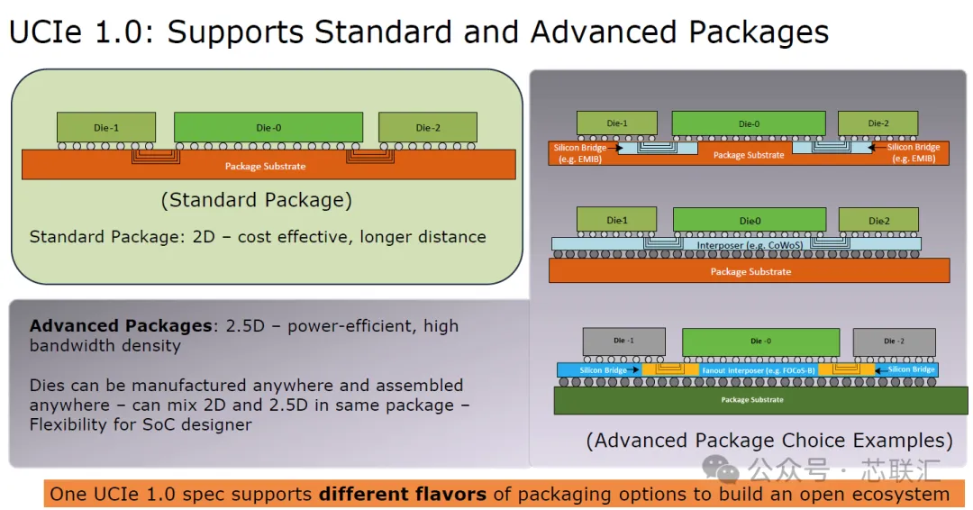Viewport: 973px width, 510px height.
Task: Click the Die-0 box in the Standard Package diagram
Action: (268, 127)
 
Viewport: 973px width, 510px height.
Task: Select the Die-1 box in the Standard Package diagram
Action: (106, 127)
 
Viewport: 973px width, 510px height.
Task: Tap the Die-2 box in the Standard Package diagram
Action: (428, 127)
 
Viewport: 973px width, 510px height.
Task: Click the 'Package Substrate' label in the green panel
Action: (265, 167)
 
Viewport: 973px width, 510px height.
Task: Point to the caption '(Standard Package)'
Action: (256, 200)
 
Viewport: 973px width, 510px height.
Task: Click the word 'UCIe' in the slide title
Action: (45, 32)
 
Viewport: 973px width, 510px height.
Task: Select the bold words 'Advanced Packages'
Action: (121, 325)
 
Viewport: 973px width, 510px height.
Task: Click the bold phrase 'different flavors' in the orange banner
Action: (403, 494)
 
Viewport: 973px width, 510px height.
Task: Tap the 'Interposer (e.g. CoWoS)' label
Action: (750, 245)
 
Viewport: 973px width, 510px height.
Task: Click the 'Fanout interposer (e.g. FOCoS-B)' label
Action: (759, 370)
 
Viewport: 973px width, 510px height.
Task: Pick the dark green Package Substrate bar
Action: (760, 400)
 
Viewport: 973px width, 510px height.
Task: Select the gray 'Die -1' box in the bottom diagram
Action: (623, 342)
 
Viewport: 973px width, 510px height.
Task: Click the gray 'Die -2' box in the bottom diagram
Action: (894, 342)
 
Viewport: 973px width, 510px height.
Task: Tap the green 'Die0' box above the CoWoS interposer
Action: (750, 220)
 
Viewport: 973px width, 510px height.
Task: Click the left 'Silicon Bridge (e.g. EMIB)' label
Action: (579, 153)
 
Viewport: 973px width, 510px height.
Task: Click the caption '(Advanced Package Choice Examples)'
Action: (769, 440)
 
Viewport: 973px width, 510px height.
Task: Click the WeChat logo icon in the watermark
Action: (721, 469)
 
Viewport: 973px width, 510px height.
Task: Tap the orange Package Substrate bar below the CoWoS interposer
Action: (749, 270)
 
